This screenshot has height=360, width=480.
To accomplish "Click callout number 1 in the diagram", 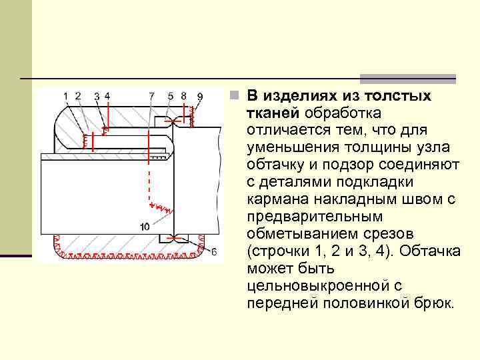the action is click(x=66, y=96).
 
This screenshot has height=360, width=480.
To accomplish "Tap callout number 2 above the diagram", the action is click(x=78, y=96).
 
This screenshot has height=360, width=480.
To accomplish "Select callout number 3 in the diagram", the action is click(x=97, y=97).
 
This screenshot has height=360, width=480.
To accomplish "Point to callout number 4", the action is click(x=107, y=96).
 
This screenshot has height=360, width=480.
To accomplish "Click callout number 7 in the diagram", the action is click(x=151, y=96).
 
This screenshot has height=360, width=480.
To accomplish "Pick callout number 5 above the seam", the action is click(x=171, y=96).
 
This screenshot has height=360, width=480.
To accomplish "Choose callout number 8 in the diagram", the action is click(x=183, y=96).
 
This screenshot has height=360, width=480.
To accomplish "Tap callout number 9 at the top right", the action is click(x=200, y=97).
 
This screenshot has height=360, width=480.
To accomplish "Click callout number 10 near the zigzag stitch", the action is click(x=145, y=227).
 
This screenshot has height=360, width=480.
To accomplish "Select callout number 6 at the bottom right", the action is click(x=213, y=251).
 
